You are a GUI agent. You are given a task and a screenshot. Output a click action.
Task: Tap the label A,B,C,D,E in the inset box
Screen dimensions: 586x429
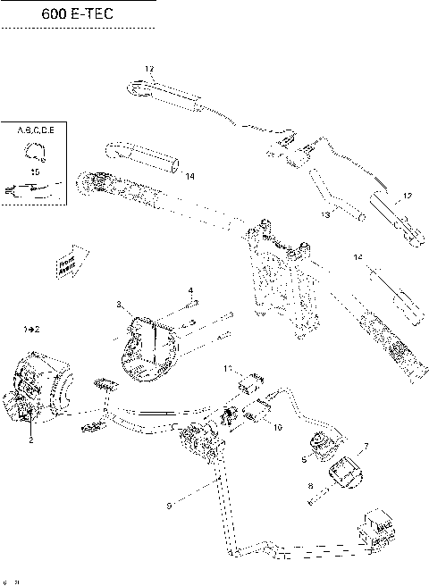pos(36,130)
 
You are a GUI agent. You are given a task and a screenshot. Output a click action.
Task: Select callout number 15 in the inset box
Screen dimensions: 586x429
pos(35,170)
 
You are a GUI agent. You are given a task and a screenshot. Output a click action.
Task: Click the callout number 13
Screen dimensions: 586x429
pos(326,215)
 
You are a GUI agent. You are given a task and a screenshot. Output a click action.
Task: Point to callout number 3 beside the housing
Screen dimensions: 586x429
pos(119,306)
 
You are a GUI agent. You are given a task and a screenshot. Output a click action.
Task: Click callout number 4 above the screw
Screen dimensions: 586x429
pos(190,290)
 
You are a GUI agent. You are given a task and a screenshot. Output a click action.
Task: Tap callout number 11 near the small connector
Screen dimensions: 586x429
pos(228,368)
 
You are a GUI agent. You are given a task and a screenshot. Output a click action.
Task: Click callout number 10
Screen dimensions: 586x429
pos(278,428)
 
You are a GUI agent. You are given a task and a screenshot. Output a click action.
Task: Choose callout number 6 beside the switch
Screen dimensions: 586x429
pos(304,459)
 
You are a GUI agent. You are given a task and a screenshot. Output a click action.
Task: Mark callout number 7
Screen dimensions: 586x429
pos(365,444)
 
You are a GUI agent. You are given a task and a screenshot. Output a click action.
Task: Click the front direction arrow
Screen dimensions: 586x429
pos(67,263)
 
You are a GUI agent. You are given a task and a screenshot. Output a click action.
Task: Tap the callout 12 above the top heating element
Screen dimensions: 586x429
pos(149,69)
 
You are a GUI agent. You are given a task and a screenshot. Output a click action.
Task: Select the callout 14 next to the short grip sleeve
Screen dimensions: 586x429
pos(189,177)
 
